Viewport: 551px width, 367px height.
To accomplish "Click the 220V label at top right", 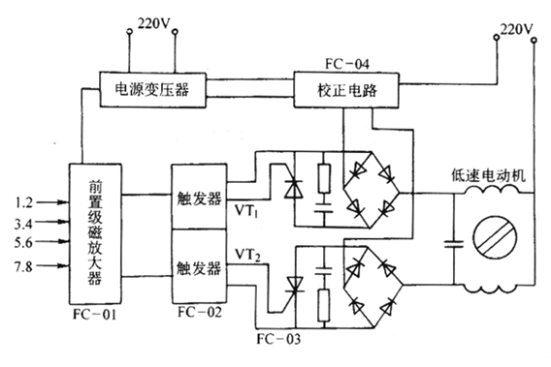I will [x=514, y=29].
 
